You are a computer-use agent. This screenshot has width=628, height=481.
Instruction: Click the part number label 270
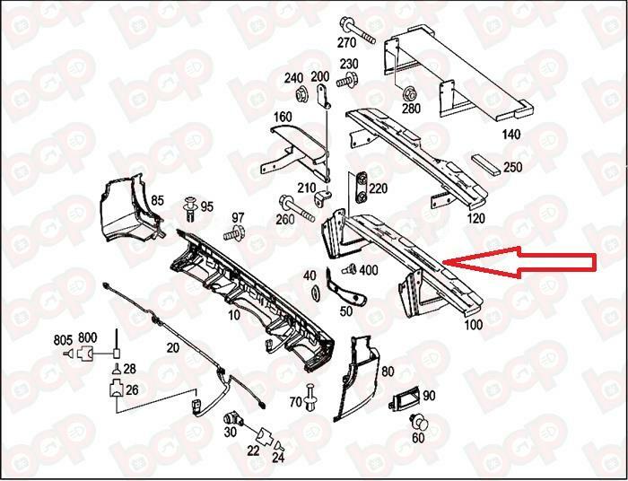[346, 41]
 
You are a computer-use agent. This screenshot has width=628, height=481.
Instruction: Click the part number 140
[510, 134]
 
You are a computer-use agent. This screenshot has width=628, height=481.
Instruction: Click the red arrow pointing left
[520, 261]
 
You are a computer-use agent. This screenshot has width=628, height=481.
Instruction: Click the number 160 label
[283, 117]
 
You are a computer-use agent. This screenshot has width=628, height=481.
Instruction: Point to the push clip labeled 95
[190, 208]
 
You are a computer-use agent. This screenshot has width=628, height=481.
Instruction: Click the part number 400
[369, 271]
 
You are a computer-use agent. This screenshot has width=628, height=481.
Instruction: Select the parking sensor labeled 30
[232, 419]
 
